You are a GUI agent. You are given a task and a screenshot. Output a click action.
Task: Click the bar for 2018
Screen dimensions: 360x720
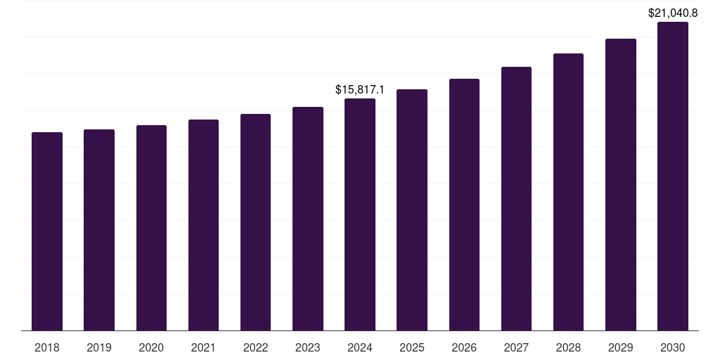[47, 231]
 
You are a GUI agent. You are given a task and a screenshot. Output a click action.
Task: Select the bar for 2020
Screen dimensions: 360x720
[151, 228]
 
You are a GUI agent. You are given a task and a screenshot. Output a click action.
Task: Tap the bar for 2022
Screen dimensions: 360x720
[255, 222]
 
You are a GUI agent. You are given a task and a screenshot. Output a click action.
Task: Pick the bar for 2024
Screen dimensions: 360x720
[360, 214]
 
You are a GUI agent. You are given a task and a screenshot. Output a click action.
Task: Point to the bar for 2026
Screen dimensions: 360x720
[464, 205]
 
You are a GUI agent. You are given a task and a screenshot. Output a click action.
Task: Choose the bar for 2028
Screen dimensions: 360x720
[568, 192]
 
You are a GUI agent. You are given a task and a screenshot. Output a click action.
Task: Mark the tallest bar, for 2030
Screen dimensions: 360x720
[673, 176]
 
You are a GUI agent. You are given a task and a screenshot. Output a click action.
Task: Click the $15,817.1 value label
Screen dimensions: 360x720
[360, 90]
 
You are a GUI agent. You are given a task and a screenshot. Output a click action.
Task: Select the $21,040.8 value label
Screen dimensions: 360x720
[673, 13]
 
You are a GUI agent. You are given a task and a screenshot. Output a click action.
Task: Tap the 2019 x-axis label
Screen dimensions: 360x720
[99, 347]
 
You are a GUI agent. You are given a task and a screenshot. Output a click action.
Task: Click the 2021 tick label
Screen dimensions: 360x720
[203, 347]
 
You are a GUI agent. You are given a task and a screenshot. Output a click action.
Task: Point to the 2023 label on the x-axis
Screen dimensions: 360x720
[308, 347]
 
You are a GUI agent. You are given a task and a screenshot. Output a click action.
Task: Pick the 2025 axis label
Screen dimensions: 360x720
[412, 347]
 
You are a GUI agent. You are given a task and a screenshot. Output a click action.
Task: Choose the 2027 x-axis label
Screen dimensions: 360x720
[516, 347]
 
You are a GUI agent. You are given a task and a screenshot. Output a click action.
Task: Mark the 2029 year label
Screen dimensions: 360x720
[621, 347]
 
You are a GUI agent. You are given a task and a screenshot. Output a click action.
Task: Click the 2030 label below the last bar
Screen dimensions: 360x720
[673, 347]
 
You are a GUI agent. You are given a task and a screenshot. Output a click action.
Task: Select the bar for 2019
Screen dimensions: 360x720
[99, 230]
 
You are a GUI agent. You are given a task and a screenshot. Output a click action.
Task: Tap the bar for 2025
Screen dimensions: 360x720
[412, 210]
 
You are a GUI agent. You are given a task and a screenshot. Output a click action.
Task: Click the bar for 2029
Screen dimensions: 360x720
[621, 184]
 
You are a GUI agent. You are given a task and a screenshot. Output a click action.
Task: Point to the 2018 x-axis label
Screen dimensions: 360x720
[47, 347]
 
